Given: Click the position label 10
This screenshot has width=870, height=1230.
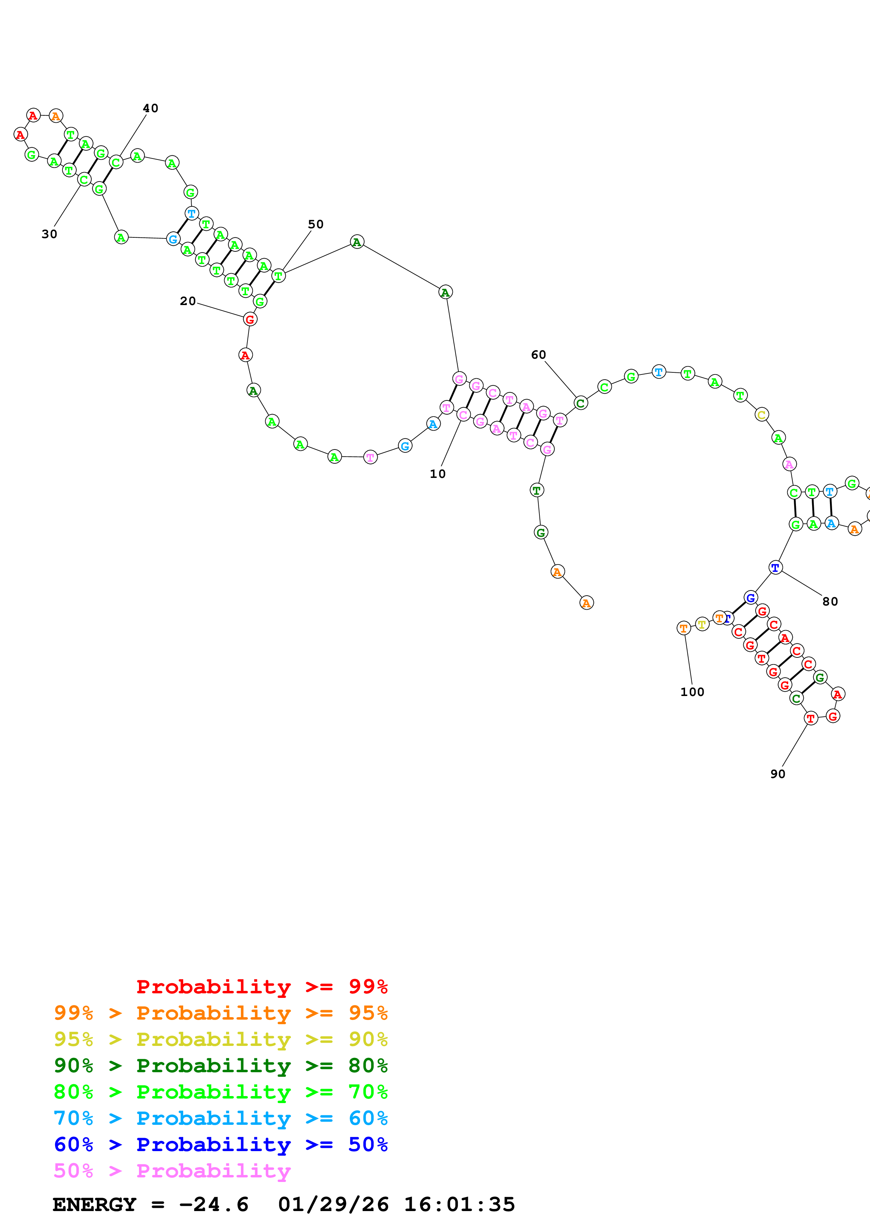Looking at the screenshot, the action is tap(437, 474).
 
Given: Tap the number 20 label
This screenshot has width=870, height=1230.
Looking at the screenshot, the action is tap(188, 301).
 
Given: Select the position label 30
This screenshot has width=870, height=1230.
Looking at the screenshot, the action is tap(49, 234).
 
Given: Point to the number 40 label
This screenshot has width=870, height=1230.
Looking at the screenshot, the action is tap(151, 108).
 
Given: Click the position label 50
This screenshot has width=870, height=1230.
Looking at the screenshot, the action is tap(316, 224).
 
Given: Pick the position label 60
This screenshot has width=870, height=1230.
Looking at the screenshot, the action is tap(538, 354).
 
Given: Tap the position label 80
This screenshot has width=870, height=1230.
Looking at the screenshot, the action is tap(830, 602).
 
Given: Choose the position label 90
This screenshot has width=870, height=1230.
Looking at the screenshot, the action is tap(777, 774).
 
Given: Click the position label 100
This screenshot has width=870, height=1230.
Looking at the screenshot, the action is tap(692, 692).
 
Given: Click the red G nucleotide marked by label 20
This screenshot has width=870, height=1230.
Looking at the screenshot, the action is tap(250, 319).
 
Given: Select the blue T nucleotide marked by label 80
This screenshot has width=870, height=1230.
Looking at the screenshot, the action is tap(775, 567).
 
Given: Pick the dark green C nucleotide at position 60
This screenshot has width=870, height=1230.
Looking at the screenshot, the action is tap(580, 403).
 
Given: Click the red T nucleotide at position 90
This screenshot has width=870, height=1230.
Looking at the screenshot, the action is tap(810, 718).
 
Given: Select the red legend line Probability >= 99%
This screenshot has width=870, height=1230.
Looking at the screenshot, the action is tap(261, 986).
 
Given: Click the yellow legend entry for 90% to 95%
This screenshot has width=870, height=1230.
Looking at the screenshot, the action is tap(220, 1039).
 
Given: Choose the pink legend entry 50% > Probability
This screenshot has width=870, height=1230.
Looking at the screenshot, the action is tap(172, 1170).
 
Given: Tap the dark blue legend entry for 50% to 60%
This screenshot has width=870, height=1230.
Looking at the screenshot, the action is tap(220, 1144).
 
